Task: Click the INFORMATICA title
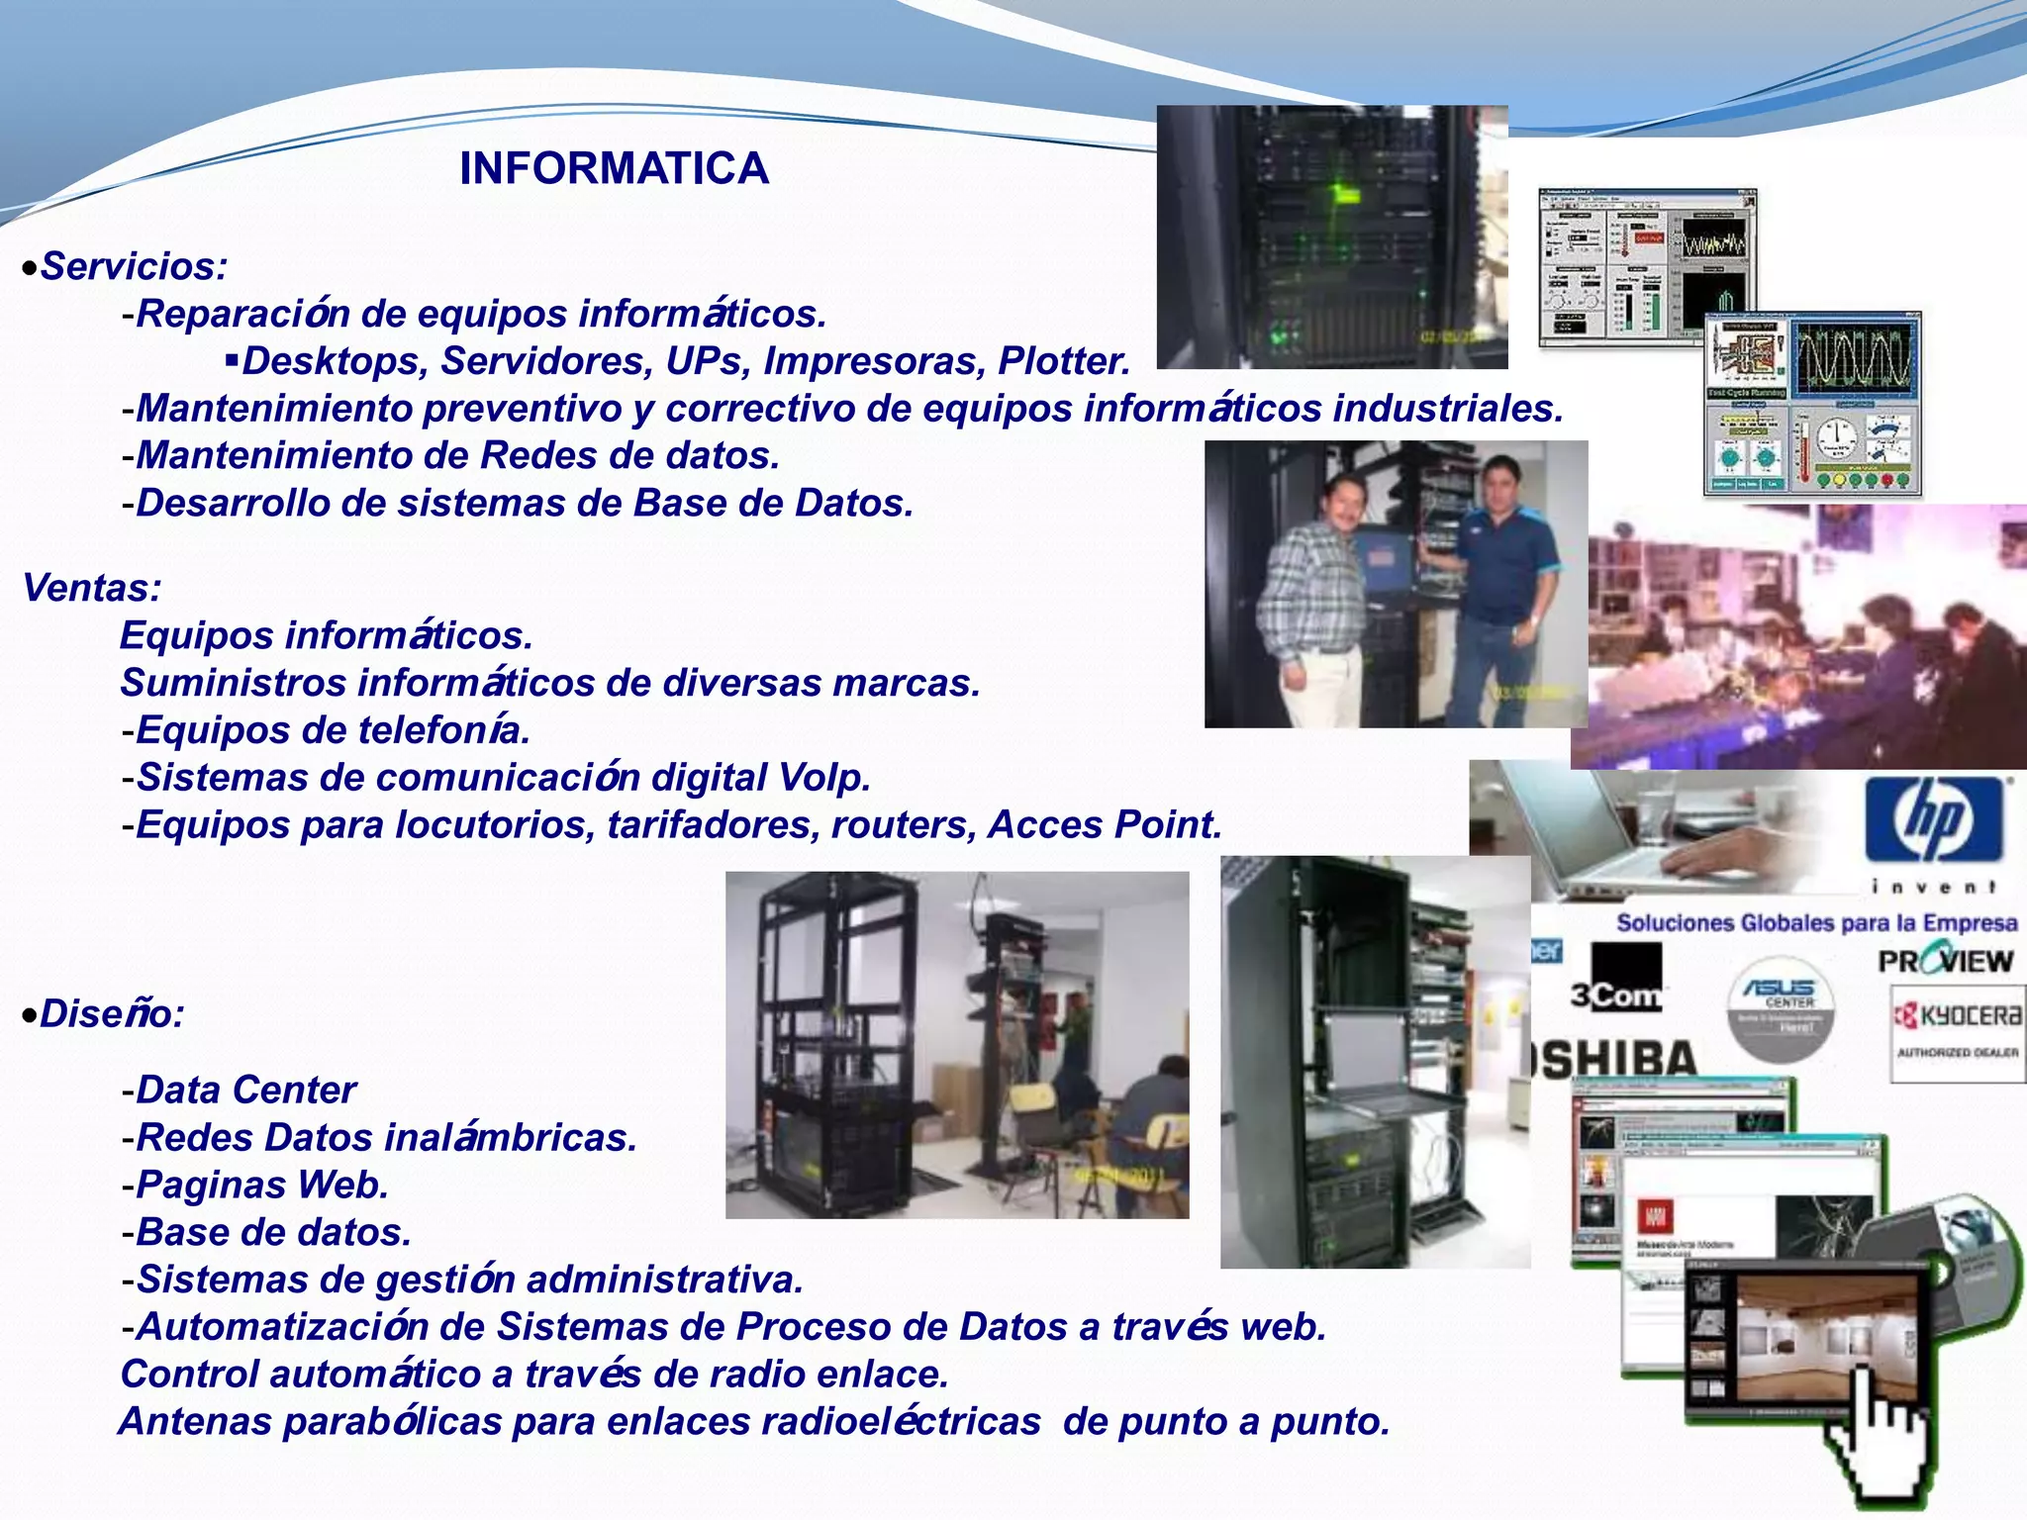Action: coord(614,168)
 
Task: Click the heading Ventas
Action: coord(90,588)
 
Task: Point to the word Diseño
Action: coord(109,1014)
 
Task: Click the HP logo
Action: coord(1933,819)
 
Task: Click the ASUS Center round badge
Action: coord(1780,1009)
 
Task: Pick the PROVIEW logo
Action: coord(1945,960)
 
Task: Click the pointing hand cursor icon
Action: coord(1876,1435)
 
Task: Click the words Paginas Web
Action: coord(261,1185)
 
